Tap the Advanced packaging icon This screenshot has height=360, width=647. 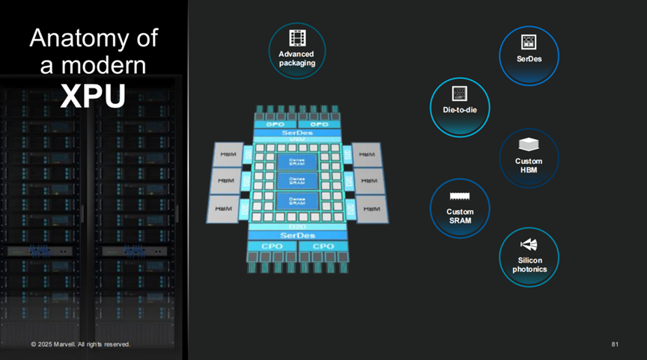pos(297,38)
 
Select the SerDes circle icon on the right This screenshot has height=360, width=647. pos(529,42)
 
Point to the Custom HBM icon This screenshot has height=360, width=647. pos(529,144)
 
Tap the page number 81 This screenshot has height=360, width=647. pos(615,344)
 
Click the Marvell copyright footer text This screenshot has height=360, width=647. pos(81,344)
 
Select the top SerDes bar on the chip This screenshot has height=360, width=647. pos(297,132)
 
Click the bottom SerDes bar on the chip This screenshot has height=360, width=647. pos(297,235)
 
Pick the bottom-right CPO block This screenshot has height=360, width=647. pos(323,246)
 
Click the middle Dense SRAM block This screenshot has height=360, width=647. pos(297,181)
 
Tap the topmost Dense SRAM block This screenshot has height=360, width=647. pos(297,161)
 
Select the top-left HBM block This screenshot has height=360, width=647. pos(226,155)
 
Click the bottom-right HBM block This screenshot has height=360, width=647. pos(369,209)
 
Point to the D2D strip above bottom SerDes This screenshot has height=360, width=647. pos(297,225)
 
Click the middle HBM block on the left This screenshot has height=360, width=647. pos(226,181)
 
